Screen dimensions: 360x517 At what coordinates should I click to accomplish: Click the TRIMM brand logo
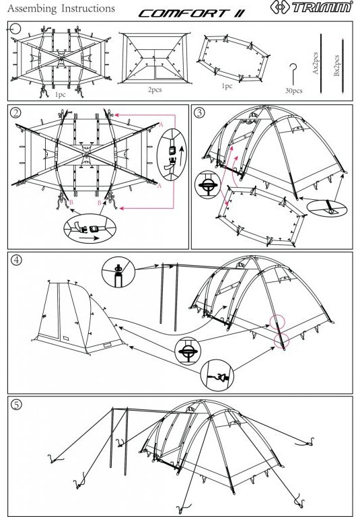pyautogui.click(x=311, y=7)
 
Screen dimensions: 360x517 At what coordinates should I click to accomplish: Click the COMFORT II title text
pyautogui.click(x=192, y=13)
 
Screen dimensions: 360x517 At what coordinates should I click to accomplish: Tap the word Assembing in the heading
pyautogui.click(x=32, y=9)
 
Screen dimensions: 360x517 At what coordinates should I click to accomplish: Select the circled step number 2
pyautogui.click(x=15, y=113)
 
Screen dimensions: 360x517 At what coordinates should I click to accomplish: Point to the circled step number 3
pyautogui.click(x=199, y=113)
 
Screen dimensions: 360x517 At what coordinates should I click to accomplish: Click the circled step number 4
pyautogui.click(x=16, y=260)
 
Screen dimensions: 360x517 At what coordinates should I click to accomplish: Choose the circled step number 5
pyautogui.click(x=16, y=404)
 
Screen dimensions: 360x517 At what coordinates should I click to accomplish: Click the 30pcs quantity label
pyautogui.click(x=293, y=90)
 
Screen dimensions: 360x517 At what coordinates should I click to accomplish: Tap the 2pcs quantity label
pyautogui.click(x=155, y=90)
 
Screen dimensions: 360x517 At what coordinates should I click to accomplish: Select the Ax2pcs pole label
pyautogui.click(x=315, y=63)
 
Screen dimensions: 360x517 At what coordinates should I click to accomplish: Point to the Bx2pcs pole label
pyautogui.click(x=336, y=65)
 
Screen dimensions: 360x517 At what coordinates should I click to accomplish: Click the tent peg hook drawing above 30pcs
pyautogui.click(x=293, y=74)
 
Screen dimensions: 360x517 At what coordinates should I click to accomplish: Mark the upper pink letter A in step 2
pyautogui.click(x=161, y=125)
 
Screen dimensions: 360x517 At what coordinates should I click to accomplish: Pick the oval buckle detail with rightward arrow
pyautogui.click(x=89, y=228)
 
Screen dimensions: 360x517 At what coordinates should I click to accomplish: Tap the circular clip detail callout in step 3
pyautogui.click(x=207, y=184)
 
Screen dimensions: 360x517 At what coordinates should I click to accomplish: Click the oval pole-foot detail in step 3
pyautogui.click(x=327, y=208)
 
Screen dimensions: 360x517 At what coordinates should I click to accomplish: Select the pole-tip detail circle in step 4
pyautogui.click(x=118, y=272)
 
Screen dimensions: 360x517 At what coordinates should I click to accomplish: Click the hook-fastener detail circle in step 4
pyautogui.click(x=217, y=376)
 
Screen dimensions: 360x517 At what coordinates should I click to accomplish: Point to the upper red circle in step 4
pyautogui.click(x=277, y=321)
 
